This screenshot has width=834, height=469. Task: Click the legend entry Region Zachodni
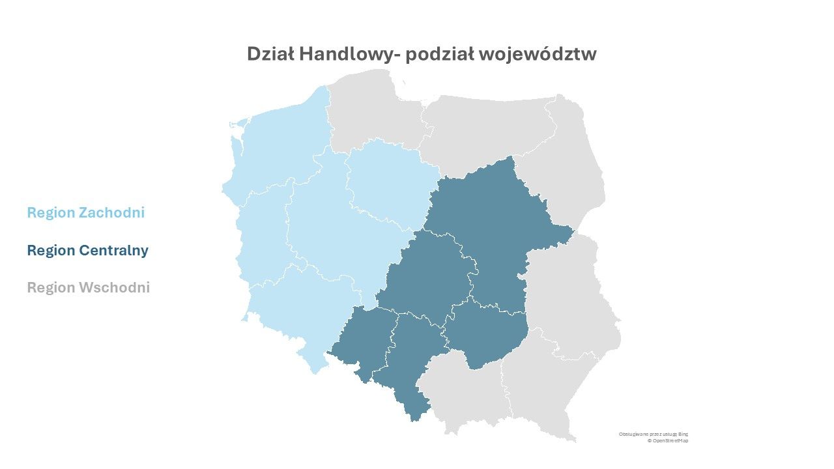click(85, 212)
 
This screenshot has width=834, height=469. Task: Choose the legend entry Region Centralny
click(87, 250)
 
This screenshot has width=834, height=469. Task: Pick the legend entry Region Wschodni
click(88, 287)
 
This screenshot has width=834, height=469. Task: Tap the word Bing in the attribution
click(683, 434)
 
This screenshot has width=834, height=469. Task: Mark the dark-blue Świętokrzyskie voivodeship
click(485, 332)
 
